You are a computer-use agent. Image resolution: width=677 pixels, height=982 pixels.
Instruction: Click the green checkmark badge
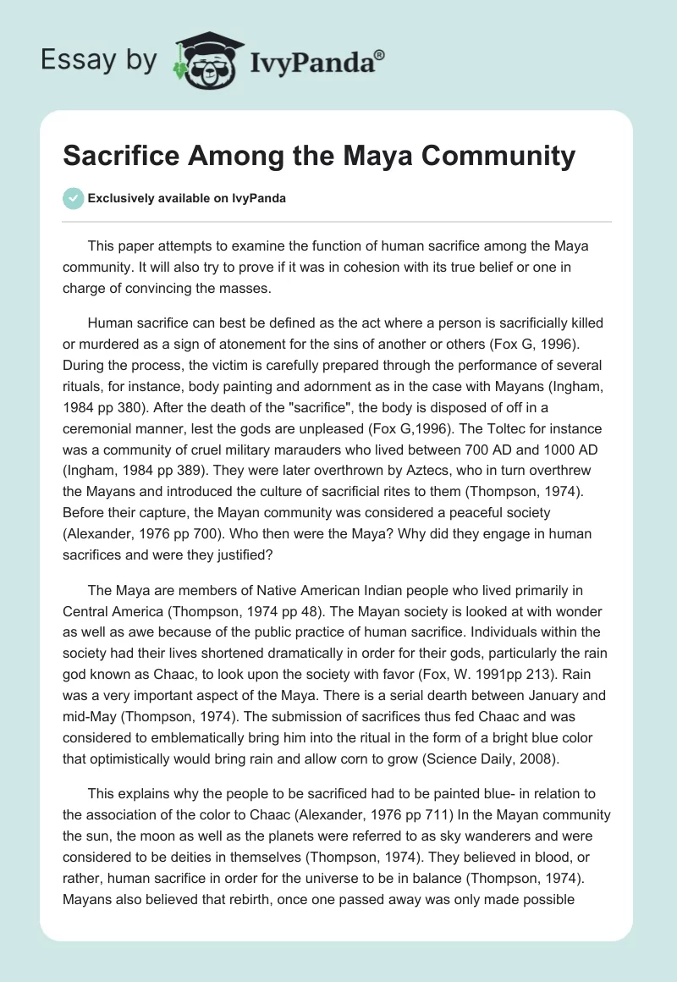coord(73,198)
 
